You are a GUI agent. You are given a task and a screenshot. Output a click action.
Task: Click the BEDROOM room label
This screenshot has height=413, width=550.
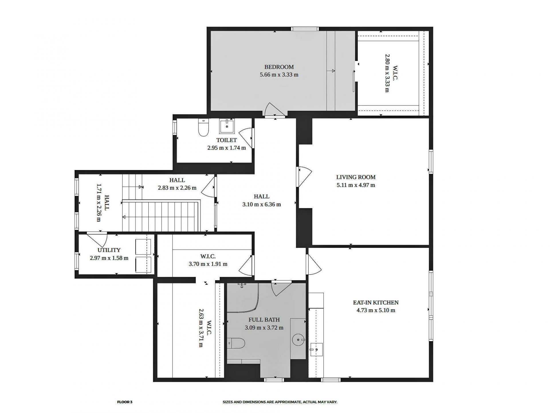coord(279,67)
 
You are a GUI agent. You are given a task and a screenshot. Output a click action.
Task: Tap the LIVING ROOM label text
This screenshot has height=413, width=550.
coord(355,177)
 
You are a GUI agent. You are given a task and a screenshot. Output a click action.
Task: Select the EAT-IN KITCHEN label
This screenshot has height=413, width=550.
coord(376,303)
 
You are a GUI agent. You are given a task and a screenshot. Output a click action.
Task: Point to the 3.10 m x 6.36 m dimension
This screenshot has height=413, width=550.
coord(261,204)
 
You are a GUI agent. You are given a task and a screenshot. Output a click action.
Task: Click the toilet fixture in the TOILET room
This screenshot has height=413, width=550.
coord(203,128)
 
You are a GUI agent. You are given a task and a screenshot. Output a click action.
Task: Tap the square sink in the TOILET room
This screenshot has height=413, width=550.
coord(227,126)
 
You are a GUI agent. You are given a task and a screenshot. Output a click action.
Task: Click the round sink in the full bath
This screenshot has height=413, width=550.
coord(298,340)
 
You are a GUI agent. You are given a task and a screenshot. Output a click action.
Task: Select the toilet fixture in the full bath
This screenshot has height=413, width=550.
coord(236,343)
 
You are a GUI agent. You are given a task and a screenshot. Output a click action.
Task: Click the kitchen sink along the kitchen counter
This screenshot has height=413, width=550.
coord(316,349)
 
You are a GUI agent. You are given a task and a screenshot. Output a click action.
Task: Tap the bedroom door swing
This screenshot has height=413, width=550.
coord(273,110)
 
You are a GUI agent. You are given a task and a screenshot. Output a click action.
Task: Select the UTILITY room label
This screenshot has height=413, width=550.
coord(109,250)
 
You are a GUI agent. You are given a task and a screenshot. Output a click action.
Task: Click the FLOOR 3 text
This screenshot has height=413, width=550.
coord(125,402)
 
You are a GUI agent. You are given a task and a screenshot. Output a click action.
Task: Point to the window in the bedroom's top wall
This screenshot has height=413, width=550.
coord(305,29)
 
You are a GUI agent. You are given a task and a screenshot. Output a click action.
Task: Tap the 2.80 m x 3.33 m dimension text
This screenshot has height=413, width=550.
coord(387,73)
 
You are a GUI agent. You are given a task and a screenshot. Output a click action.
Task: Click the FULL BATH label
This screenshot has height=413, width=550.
coord(264,320)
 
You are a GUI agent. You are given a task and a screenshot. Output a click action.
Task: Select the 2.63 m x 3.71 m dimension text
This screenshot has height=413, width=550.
coord(202,328)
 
